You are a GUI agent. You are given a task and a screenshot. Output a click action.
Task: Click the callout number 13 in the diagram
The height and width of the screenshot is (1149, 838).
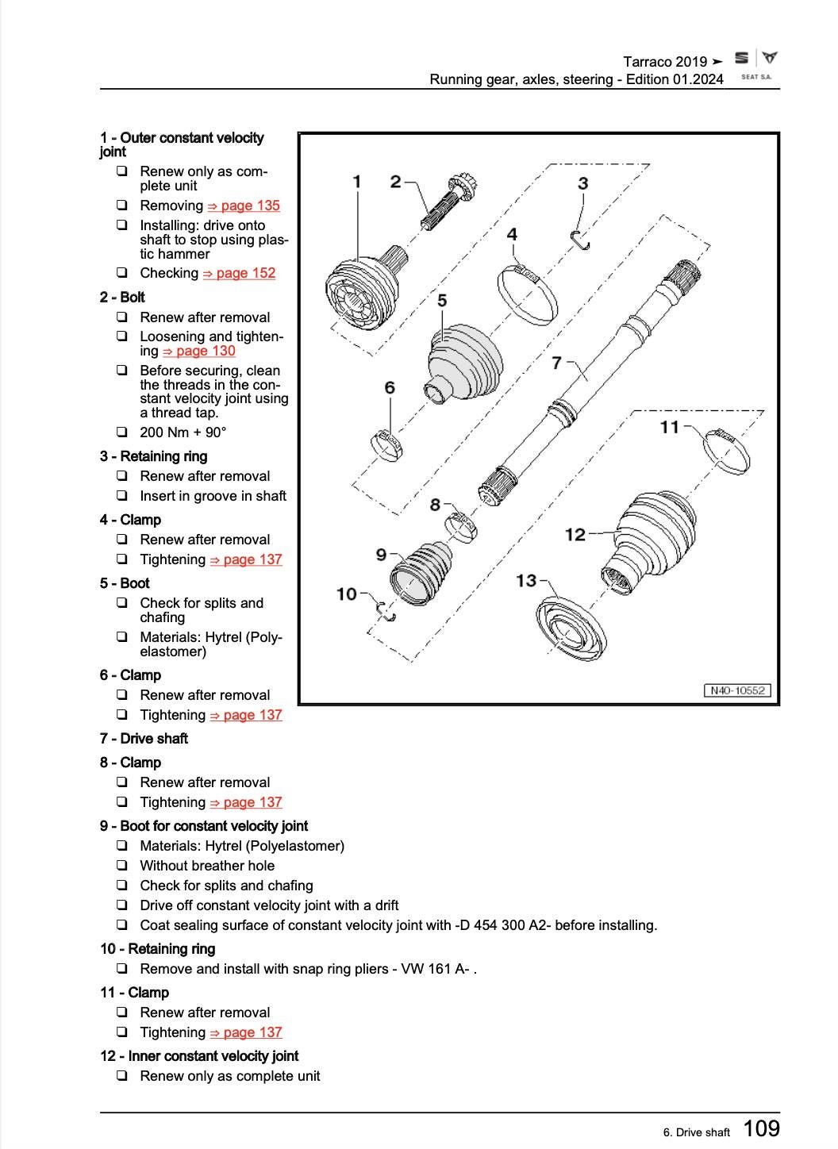click(526, 581)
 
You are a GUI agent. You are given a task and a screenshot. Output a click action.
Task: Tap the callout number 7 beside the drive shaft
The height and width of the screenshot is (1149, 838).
click(557, 363)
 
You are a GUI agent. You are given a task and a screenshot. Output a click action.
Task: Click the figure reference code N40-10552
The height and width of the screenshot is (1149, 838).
click(737, 690)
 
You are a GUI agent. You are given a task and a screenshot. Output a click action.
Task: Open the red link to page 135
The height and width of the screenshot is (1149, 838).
click(244, 206)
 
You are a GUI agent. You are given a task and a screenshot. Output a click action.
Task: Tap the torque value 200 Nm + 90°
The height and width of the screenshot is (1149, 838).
click(183, 432)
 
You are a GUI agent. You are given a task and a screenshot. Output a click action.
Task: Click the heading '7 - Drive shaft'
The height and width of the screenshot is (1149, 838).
click(144, 739)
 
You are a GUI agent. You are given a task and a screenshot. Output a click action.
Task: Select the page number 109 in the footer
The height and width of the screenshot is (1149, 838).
click(761, 1128)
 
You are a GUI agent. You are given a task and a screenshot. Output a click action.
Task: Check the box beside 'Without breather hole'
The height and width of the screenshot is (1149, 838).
click(121, 866)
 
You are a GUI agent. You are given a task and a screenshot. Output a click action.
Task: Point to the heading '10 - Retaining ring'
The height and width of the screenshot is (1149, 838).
click(157, 949)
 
